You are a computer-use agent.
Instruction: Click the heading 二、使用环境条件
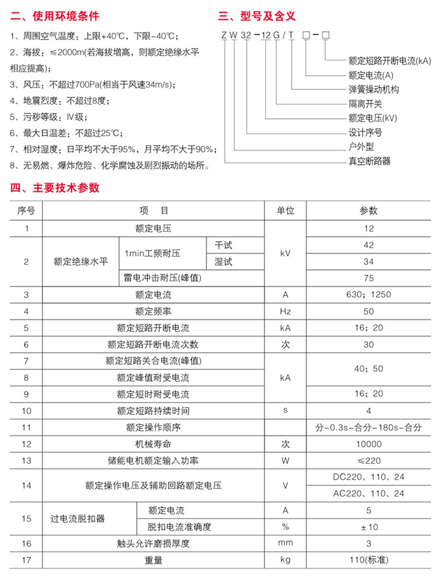(x=55, y=15)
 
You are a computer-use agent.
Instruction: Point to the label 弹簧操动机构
(x=374, y=89)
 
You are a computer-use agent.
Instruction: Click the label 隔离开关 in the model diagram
(x=365, y=104)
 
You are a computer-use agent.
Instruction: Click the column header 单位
(x=285, y=210)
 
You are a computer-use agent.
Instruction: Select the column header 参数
(x=368, y=210)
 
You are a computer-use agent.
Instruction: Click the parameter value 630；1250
(x=368, y=294)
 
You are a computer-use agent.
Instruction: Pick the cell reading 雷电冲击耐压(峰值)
(x=163, y=278)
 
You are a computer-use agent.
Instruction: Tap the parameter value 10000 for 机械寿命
(x=368, y=443)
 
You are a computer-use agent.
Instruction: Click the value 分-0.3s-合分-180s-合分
(x=368, y=427)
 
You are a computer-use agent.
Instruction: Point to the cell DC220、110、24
(x=368, y=477)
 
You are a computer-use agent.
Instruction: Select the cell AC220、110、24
(x=368, y=493)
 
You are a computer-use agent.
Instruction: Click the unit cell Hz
(x=285, y=311)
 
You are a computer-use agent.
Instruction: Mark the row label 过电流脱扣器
(x=77, y=519)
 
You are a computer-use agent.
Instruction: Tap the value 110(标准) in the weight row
(x=368, y=560)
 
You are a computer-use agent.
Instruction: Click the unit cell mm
(x=285, y=543)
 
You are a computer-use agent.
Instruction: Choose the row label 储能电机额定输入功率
(x=154, y=460)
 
